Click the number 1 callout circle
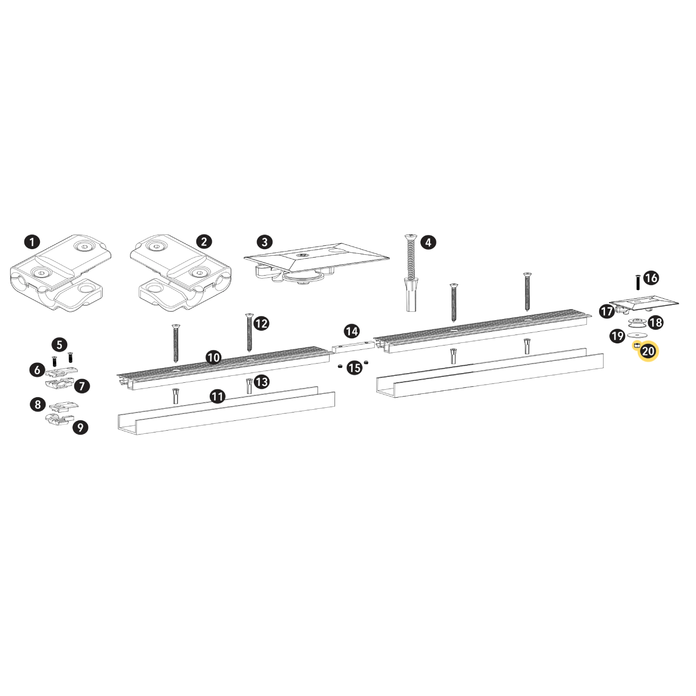tap(32, 242)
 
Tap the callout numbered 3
tap(264, 242)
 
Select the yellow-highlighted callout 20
tap(648, 351)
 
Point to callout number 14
tap(352, 331)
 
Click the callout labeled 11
tap(218, 396)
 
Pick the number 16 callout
tap(651, 277)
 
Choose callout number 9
tap(80, 427)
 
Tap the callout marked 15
tap(354, 368)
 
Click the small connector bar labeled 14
tap(353, 345)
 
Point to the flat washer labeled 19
tap(637, 335)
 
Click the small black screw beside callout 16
tap(638, 283)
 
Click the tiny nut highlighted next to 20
tap(637, 346)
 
